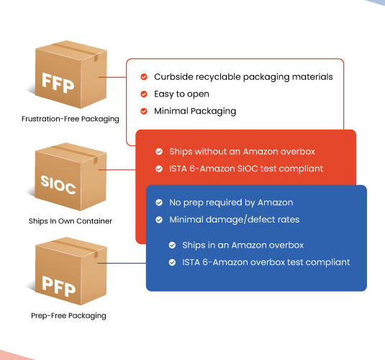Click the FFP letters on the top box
click(58, 83)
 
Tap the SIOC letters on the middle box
click(58, 184)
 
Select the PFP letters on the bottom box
click(58, 286)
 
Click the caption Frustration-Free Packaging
click(71, 120)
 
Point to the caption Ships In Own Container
click(71, 221)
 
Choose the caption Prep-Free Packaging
click(68, 316)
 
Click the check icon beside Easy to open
click(144, 94)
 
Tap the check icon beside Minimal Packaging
click(144, 111)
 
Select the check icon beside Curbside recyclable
click(144, 76)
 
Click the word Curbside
click(173, 76)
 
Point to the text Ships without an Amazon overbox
click(242, 152)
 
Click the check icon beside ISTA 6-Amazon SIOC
click(159, 168)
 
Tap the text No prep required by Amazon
click(231, 203)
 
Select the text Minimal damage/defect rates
click(235, 220)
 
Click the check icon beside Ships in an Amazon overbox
click(173, 246)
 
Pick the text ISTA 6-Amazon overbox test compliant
click(266, 262)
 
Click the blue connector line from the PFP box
click(122, 264)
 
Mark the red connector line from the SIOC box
click(117, 169)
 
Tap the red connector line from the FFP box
click(112, 77)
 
